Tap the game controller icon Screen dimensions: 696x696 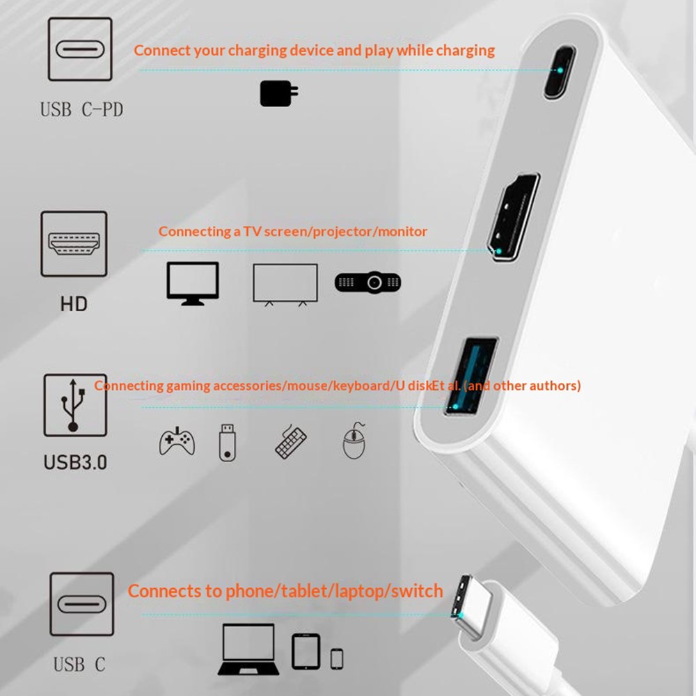point(177,442)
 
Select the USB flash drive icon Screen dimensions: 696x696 point(228,443)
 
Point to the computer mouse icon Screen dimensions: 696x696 point(354,441)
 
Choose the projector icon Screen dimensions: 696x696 point(368,282)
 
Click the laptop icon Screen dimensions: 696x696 point(248,649)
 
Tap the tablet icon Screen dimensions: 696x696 point(306,651)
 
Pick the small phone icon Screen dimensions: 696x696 point(337,658)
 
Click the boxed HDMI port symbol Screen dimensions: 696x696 point(74,244)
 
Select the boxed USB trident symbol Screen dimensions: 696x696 point(75,405)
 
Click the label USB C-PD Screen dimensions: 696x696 point(81,110)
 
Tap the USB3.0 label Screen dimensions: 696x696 point(75,462)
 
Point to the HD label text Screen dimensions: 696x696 point(74,304)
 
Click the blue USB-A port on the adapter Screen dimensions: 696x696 point(471,377)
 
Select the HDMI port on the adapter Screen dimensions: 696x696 point(514,216)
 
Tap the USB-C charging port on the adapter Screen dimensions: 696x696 point(560,72)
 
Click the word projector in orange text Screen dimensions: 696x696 point(342,232)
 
